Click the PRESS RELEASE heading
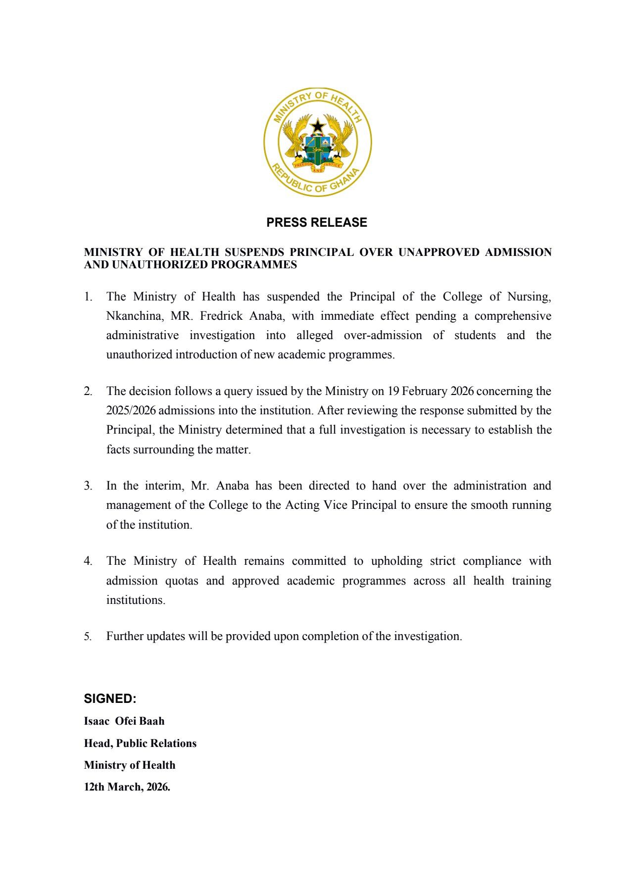(x=317, y=223)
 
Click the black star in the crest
(x=318, y=125)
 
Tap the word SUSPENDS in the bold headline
(x=254, y=252)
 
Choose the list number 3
(x=88, y=486)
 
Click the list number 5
(x=88, y=637)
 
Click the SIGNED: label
(x=110, y=699)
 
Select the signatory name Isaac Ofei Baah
(x=124, y=721)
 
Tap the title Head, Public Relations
(x=140, y=743)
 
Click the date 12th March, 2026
(x=127, y=787)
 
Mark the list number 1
(x=88, y=297)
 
